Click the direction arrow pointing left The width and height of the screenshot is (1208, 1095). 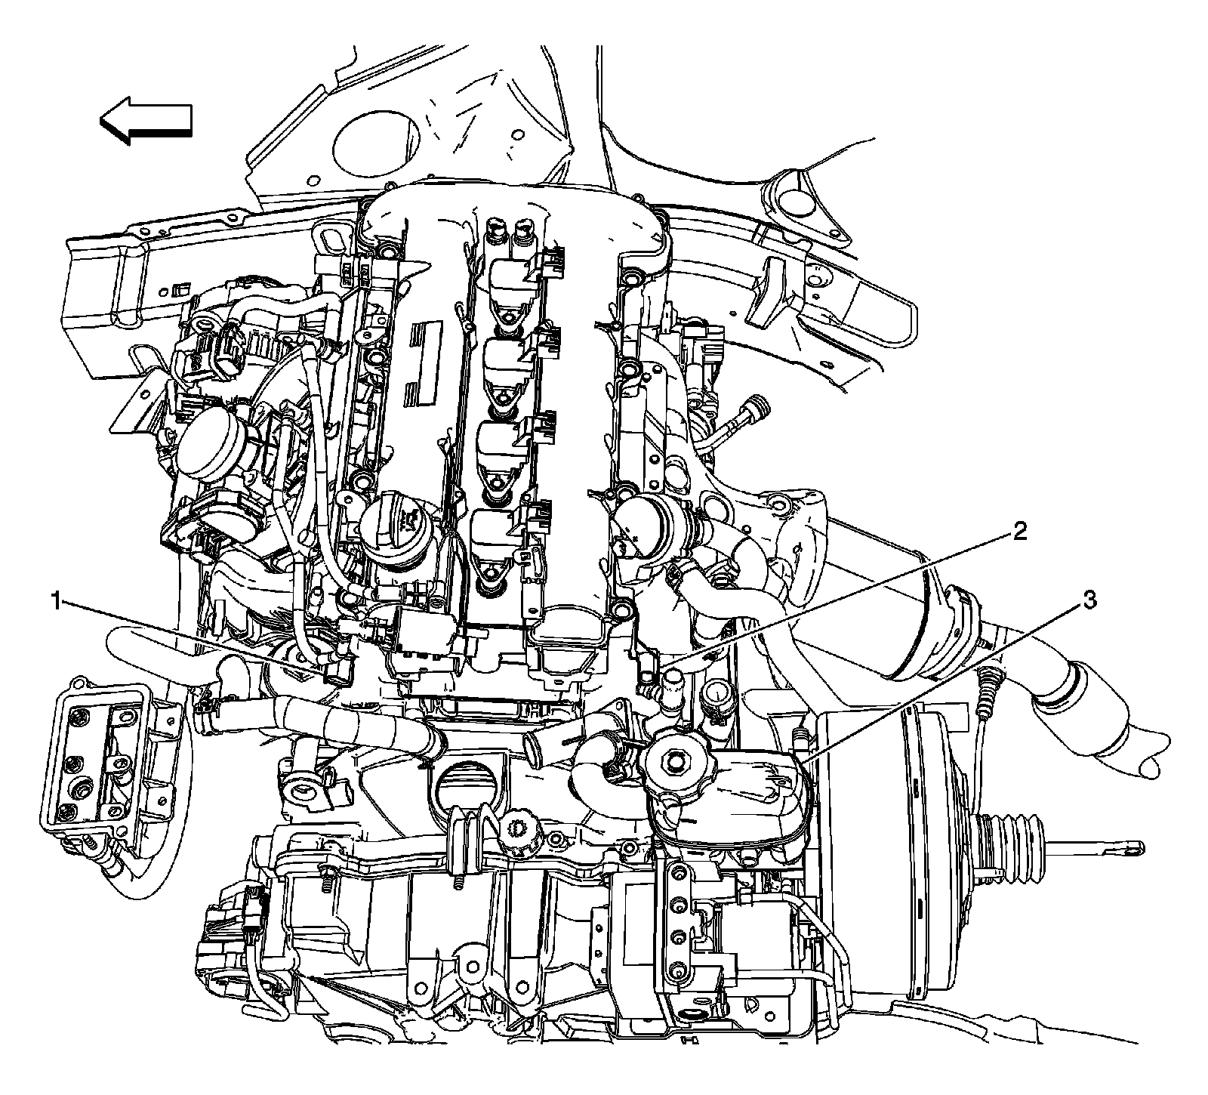(145, 120)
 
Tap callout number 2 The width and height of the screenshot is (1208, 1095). (1019, 533)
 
